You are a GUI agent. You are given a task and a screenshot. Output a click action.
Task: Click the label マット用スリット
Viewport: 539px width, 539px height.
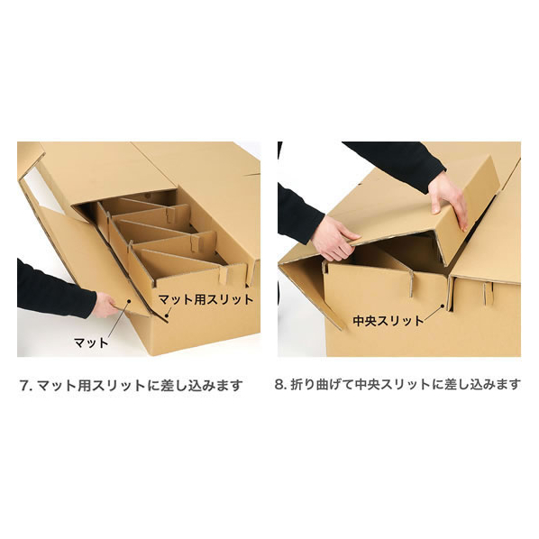[206, 299]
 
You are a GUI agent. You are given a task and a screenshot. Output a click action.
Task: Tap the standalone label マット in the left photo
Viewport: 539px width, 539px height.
[91, 343]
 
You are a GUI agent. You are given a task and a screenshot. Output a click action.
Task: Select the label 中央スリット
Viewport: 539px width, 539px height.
[388, 321]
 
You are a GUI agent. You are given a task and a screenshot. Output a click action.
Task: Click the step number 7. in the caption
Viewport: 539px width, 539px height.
[26, 385]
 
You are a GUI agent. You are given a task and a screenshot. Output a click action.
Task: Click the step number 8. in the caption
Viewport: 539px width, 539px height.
[280, 384]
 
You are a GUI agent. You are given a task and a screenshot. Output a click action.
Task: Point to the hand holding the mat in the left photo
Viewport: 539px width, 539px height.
[106, 305]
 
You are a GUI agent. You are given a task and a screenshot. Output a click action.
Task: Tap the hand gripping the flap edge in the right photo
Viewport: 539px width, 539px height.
[334, 239]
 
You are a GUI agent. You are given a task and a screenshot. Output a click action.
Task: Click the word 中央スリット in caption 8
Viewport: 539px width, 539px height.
[393, 384]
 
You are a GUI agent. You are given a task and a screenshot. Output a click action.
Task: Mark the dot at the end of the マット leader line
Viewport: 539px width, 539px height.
[129, 300]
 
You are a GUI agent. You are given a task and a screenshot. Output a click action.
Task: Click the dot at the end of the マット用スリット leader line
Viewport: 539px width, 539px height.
[167, 315]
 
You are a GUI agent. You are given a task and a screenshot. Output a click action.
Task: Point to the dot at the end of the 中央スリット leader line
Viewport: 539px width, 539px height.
[442, 305]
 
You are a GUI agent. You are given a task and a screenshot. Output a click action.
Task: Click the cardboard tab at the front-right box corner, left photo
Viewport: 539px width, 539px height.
[224, 276]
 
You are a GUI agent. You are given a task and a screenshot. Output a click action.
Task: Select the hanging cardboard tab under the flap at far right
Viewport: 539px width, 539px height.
[488, 293]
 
